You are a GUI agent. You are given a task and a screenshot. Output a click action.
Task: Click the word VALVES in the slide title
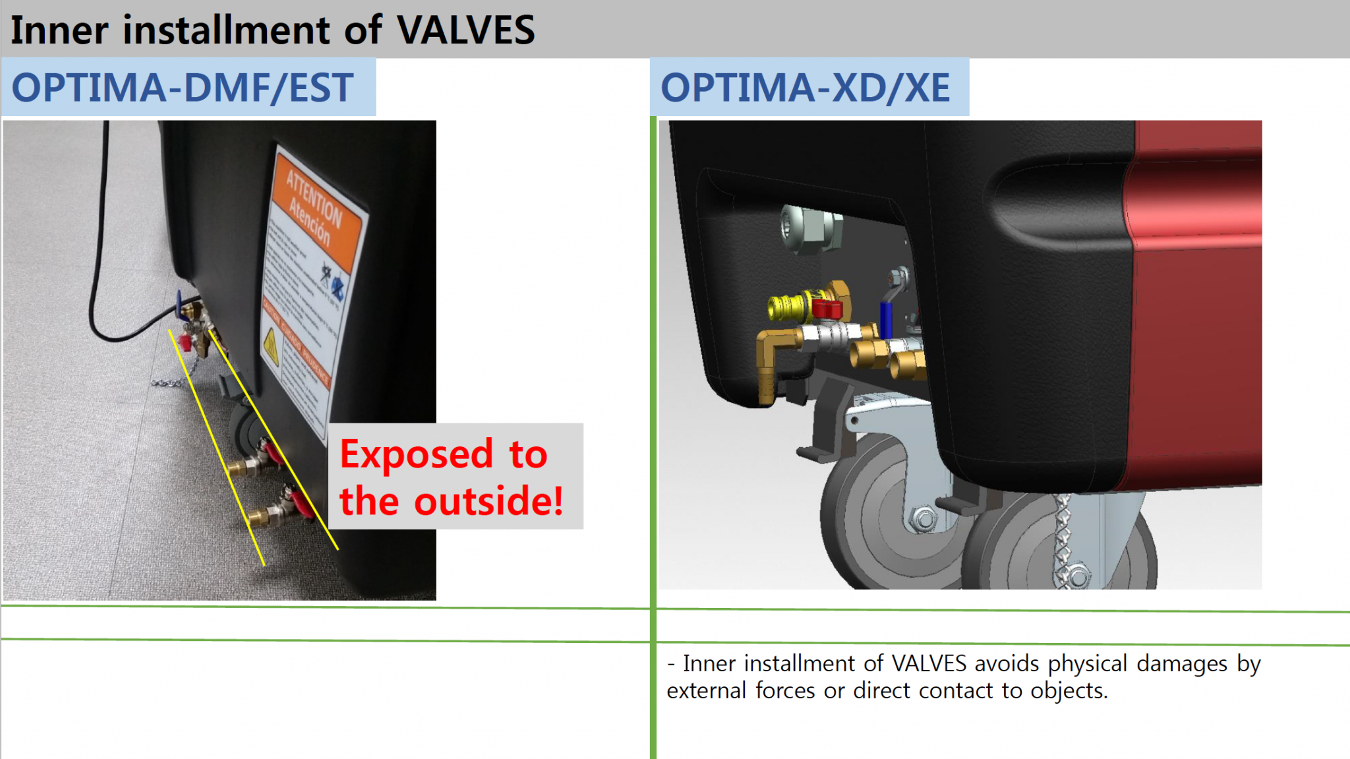(465, 30)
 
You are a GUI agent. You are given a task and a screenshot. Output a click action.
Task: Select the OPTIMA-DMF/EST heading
(183, 88)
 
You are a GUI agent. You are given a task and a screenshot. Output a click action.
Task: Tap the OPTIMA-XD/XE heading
(805, 88)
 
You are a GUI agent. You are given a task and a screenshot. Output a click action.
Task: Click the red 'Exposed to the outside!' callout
(452, 477)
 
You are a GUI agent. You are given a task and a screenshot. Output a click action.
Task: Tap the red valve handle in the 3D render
(827, 308)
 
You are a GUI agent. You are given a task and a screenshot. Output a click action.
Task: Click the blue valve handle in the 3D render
(886, 320)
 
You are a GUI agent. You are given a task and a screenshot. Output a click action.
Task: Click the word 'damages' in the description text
(1181, 663)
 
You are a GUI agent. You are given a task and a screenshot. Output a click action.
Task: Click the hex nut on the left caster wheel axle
(924, 518)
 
